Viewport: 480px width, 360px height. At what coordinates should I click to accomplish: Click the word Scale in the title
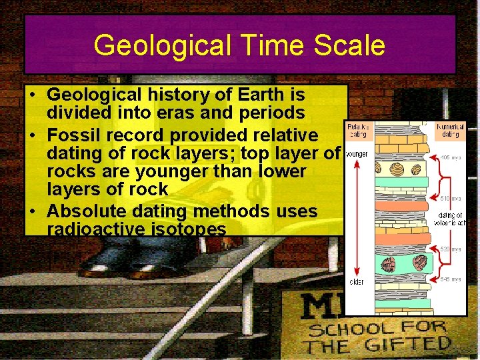(351, 45)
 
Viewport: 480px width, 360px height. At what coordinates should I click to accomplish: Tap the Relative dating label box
(359, 131)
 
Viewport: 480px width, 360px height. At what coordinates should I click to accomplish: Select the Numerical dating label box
(451, 131)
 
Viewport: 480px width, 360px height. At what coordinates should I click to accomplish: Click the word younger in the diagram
(357, 155)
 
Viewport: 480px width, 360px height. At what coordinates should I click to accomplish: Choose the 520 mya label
(450, 249)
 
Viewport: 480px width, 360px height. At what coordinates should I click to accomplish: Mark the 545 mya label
(450, 279)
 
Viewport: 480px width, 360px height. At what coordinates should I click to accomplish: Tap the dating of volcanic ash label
(451, 219)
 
